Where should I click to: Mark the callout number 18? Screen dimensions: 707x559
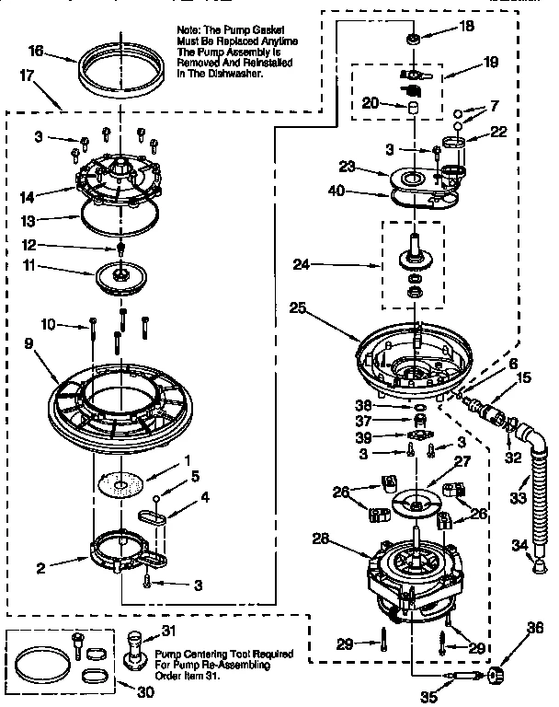467,27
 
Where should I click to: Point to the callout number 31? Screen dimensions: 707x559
167,630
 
